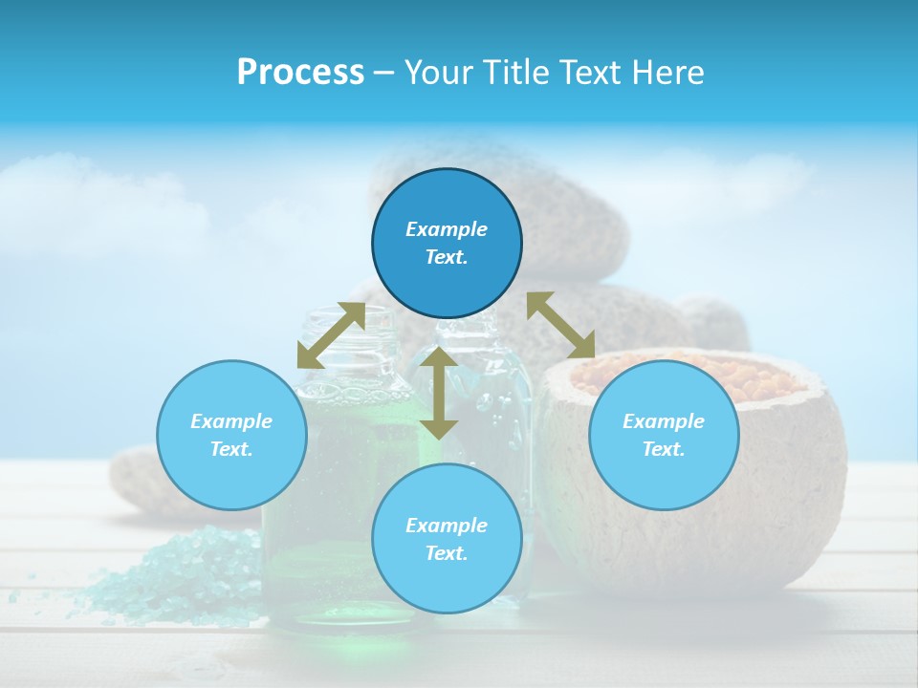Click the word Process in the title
[x=300, y=73]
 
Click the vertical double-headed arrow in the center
[x=439, y=393]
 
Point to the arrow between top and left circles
[x=331, y=334]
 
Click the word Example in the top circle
[x=447, y=229]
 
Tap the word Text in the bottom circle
[x=446, y=553]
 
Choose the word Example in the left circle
[x=231, y=421]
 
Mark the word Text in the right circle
[x=663, y=449]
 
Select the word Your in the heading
[x=436, y=73]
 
